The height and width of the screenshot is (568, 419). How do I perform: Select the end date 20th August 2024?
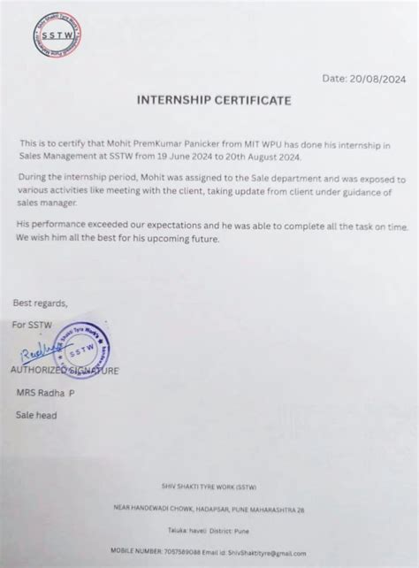[x=263, y=157]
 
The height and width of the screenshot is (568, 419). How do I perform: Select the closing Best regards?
[x=41, y=303]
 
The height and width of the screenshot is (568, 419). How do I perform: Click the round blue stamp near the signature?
[x=81, y=349]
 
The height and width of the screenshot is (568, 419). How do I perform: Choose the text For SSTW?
[x=33, y=326]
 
